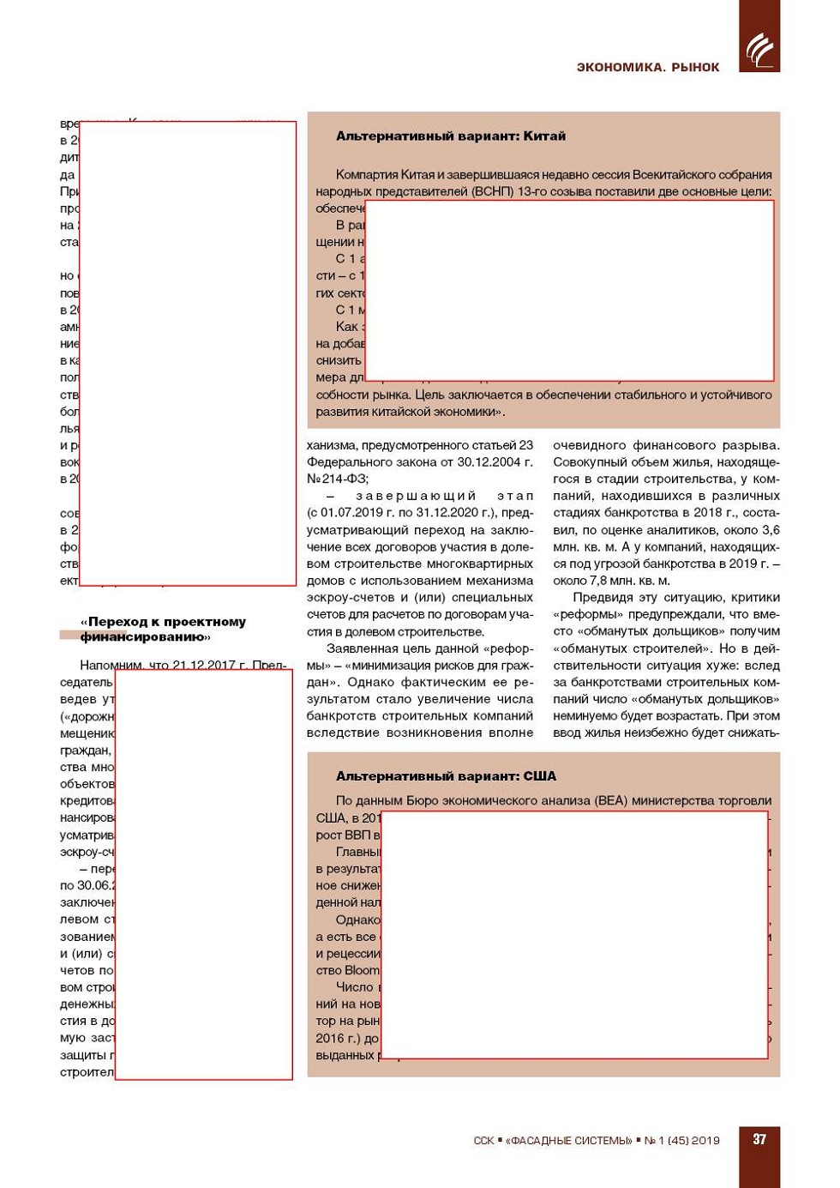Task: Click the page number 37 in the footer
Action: pyautogui.click(x=759, y=1139)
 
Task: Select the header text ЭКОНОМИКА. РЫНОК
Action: pyautogui.click(x=647, y=67)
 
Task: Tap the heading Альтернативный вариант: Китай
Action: pyautogui.click(x=450, y=136)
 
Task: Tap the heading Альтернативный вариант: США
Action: pyautogui.click(x=446, y=776)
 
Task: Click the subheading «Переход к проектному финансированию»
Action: pyautogui.click(x=163, y=629)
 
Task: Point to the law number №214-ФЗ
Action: pyautogui.click(x=338, y=479)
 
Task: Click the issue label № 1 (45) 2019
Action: pyautogui.click(x=681, y=1141)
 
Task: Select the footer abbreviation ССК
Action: pyautogui.click(x=483, y=1141)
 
